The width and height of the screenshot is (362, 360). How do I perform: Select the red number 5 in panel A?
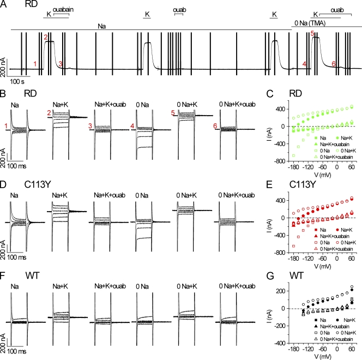312,34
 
